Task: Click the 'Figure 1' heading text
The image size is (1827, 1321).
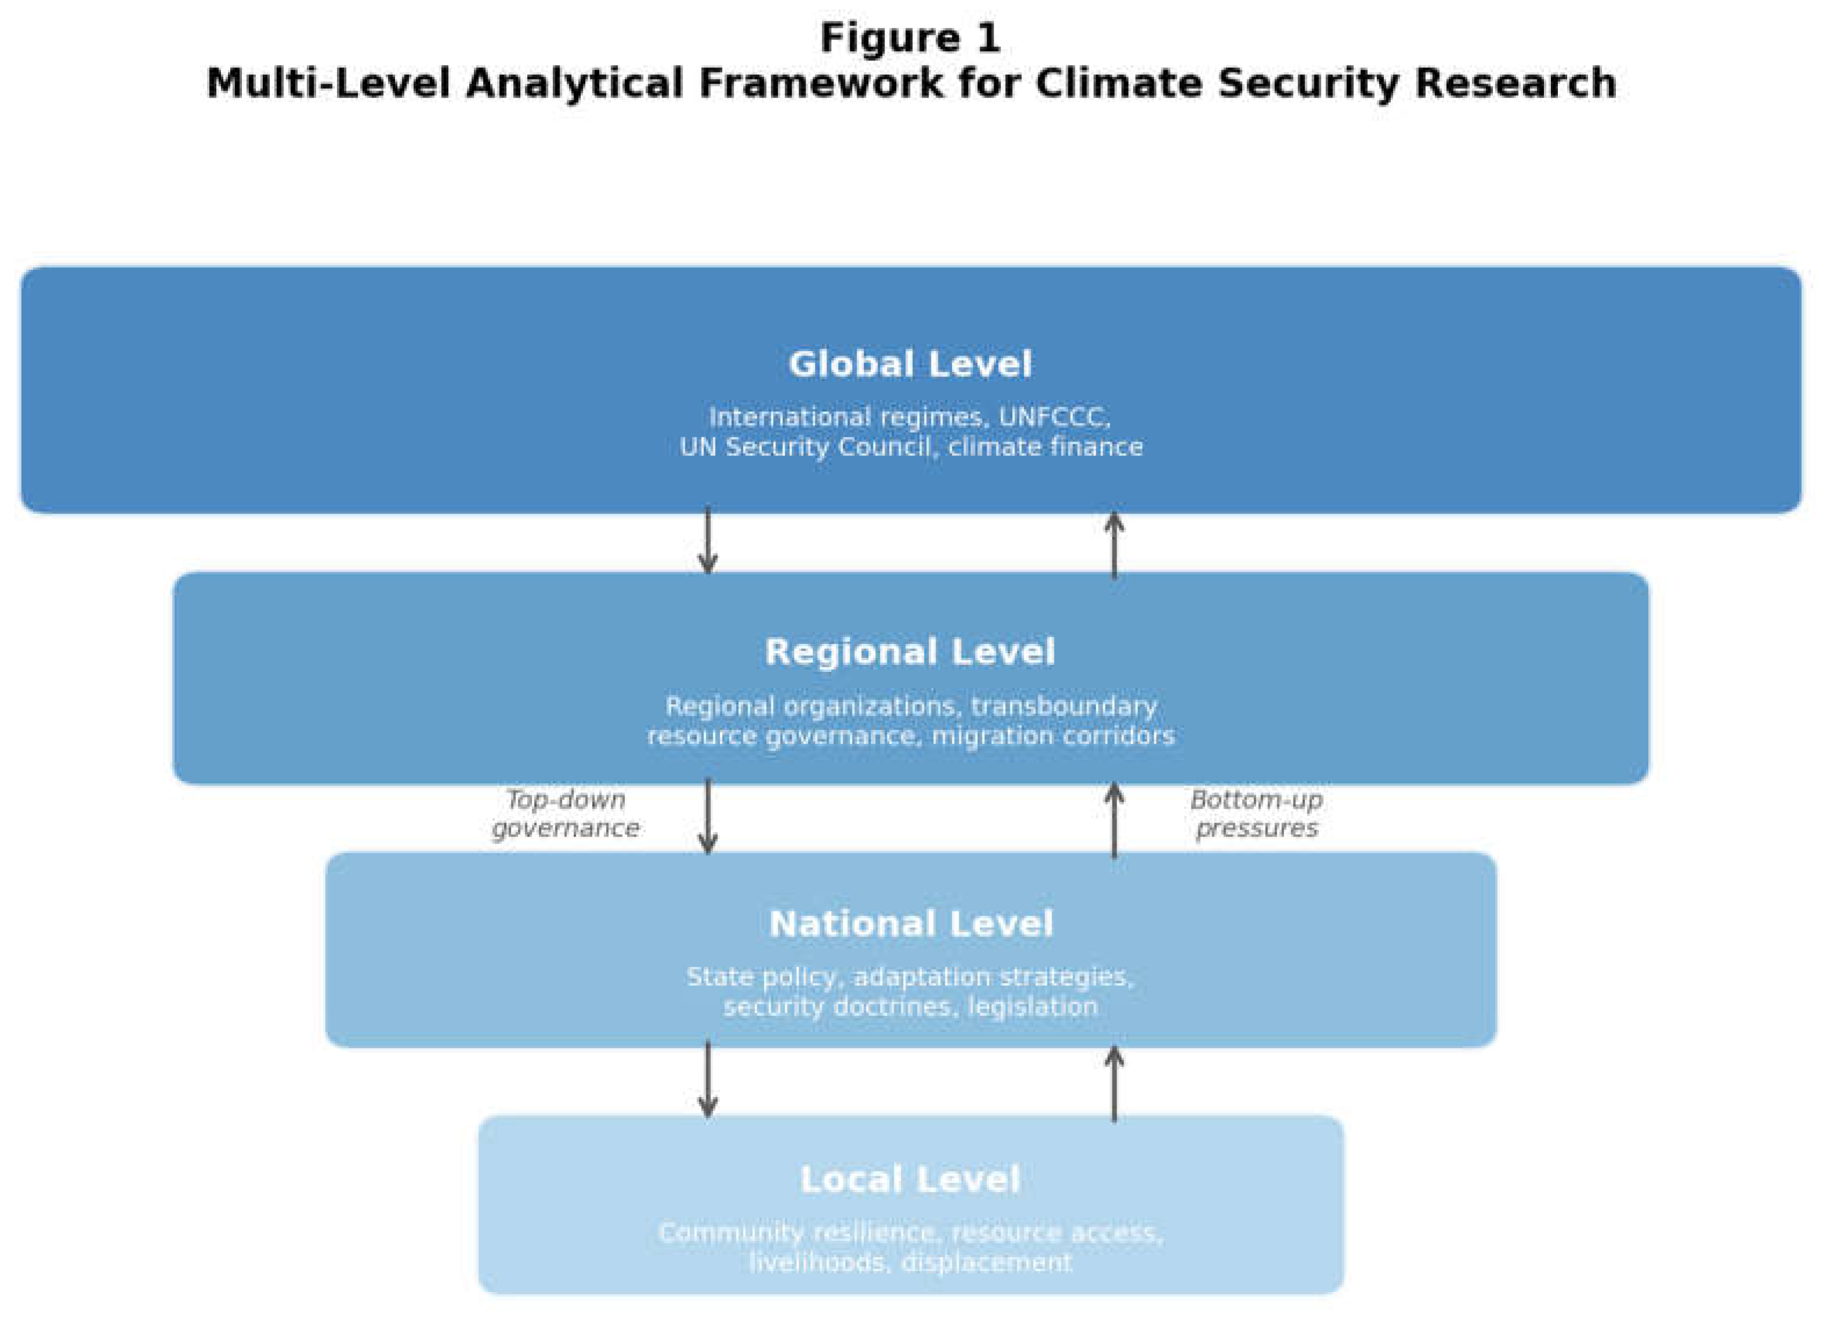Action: click(x=910, y=38)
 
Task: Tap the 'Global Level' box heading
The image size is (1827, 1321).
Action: click(x=910, y=364)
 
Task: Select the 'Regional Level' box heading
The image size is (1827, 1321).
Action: click(x=910, y=652)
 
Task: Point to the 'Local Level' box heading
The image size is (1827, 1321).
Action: click(x=910, y=1180)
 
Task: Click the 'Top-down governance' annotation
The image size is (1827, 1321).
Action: click(x=565, y=814)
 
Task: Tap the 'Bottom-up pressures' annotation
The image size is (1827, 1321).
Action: click(x=1257, y=814)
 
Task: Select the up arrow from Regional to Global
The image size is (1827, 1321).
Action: click(x=1115, y=546)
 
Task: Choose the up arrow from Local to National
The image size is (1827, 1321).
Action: click(x=1115, y=1085)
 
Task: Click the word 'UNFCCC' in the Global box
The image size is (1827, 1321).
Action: click(x=1055, y=418)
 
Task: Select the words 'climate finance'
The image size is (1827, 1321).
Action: click(x=1046, y=447)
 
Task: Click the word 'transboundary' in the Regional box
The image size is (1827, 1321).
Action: click(x=1064, y=707)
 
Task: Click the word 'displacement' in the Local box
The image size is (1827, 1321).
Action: click(x=987, y=1262)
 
